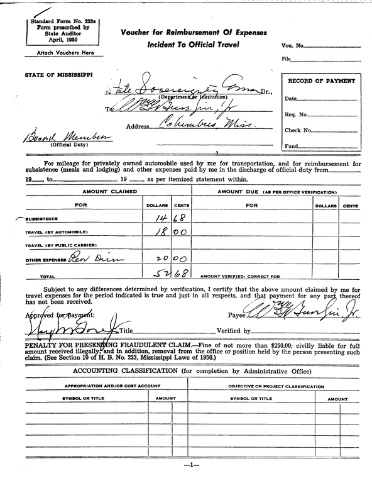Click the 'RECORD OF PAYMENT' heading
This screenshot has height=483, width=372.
[321, 81]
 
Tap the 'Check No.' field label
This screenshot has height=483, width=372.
[298, 130]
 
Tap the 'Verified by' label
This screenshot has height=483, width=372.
[233, 331]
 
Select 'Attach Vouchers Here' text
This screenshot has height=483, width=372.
[60, 53]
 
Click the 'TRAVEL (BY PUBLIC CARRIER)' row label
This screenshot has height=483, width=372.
[61, 245]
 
